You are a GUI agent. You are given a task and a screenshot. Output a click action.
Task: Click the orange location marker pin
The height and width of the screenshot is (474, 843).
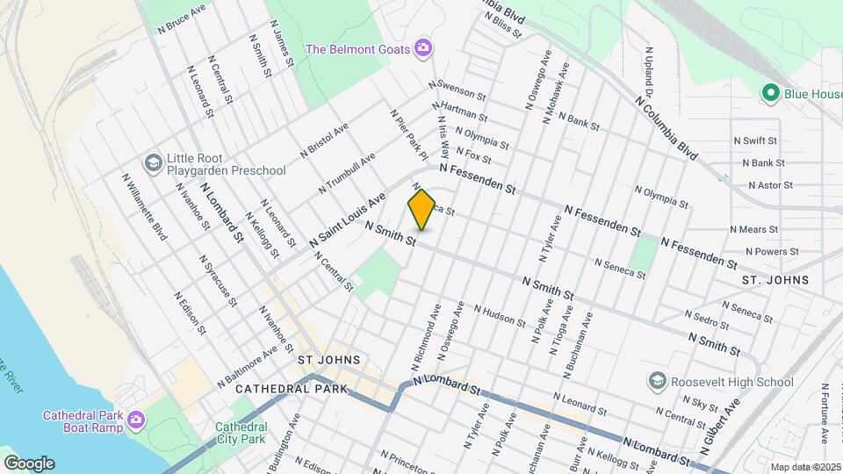coord(422,210)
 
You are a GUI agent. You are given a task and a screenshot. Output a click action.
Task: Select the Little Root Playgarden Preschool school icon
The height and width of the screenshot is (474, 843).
coord(154,163)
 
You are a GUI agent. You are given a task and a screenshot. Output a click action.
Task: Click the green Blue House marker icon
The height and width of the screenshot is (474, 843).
coord(771,92)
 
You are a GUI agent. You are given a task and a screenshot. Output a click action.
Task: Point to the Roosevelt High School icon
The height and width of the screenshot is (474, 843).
coord(657,381)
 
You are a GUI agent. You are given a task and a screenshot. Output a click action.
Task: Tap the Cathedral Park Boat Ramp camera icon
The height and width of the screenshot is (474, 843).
coord(135,420)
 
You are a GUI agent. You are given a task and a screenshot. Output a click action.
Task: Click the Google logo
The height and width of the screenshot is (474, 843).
coord(29,463)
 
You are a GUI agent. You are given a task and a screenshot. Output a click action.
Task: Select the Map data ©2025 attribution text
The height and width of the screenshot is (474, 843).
coord(805,467)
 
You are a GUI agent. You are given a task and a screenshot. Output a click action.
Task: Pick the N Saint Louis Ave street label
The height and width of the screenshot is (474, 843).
coord(347,220)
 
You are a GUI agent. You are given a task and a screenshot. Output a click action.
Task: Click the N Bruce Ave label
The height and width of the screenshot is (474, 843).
coord(182,18)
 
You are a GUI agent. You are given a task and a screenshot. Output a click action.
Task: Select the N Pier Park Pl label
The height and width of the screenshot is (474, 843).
coord(408,134)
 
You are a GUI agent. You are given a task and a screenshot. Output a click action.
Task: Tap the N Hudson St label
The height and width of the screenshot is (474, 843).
coord(499,316)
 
